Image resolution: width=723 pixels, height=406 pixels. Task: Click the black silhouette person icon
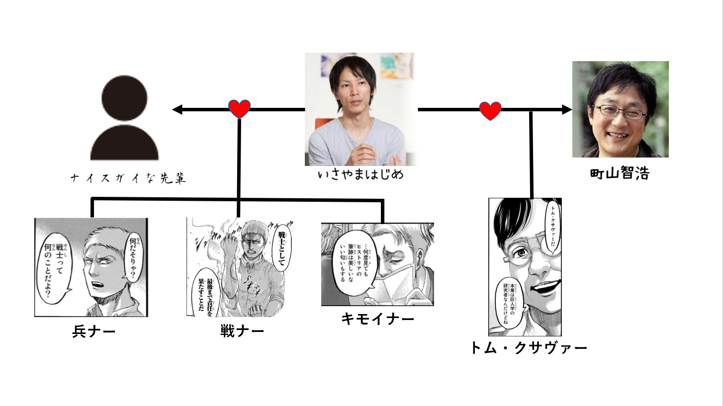point(124,119)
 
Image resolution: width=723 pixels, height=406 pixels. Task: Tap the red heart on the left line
point(239,109)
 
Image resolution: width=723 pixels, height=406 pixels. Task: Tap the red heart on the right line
point(490,110)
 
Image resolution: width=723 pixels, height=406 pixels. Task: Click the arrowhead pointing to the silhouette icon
point(177,110)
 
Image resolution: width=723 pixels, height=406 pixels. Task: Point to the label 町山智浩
point(619,173)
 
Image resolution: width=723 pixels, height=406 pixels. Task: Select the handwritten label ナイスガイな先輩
point(128,178)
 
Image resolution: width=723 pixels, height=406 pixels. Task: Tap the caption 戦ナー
point(242,331)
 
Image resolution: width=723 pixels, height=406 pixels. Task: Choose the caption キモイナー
point(377,319)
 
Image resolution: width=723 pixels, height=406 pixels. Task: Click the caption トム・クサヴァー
point(529,347)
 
